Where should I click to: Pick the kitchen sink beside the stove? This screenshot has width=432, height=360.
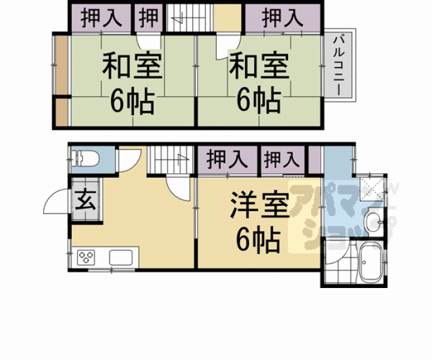point(121,257)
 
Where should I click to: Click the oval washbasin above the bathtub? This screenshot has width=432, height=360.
point(374,220)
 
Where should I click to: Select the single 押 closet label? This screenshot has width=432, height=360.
point(148,17)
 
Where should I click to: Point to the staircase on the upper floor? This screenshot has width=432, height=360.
point(187,18)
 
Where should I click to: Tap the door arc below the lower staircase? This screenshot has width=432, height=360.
point(180,188)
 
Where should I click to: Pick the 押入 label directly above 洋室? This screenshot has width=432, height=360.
point(227,160)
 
